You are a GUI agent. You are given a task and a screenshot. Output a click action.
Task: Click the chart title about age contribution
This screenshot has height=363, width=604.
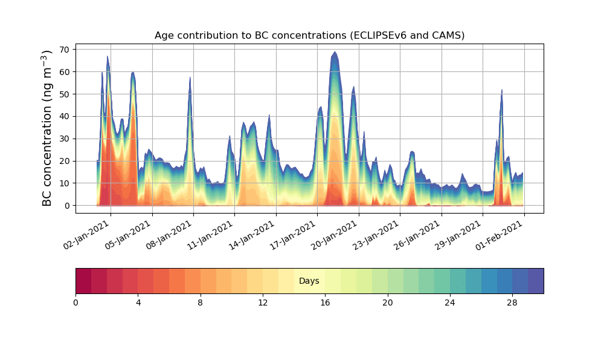coord(309,35)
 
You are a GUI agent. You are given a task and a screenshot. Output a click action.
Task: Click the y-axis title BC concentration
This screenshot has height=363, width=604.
coord(47,128)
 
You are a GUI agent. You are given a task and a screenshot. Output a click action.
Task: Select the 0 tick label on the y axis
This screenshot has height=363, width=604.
coord(68,206)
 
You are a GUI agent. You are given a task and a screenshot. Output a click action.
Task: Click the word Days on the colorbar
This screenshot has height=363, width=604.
coord(309,281)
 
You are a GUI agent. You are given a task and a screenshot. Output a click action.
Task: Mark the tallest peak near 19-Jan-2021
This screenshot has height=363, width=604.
coord(335,53)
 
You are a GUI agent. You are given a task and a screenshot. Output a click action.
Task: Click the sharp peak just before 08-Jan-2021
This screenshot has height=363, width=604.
coord(190,78)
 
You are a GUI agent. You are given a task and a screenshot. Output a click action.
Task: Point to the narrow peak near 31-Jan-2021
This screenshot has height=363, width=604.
coord(501,91)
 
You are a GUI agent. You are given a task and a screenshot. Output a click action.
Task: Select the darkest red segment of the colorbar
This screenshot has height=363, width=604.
coord(83,281)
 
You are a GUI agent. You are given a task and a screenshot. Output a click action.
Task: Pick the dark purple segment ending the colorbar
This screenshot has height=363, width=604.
coord(536,281)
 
